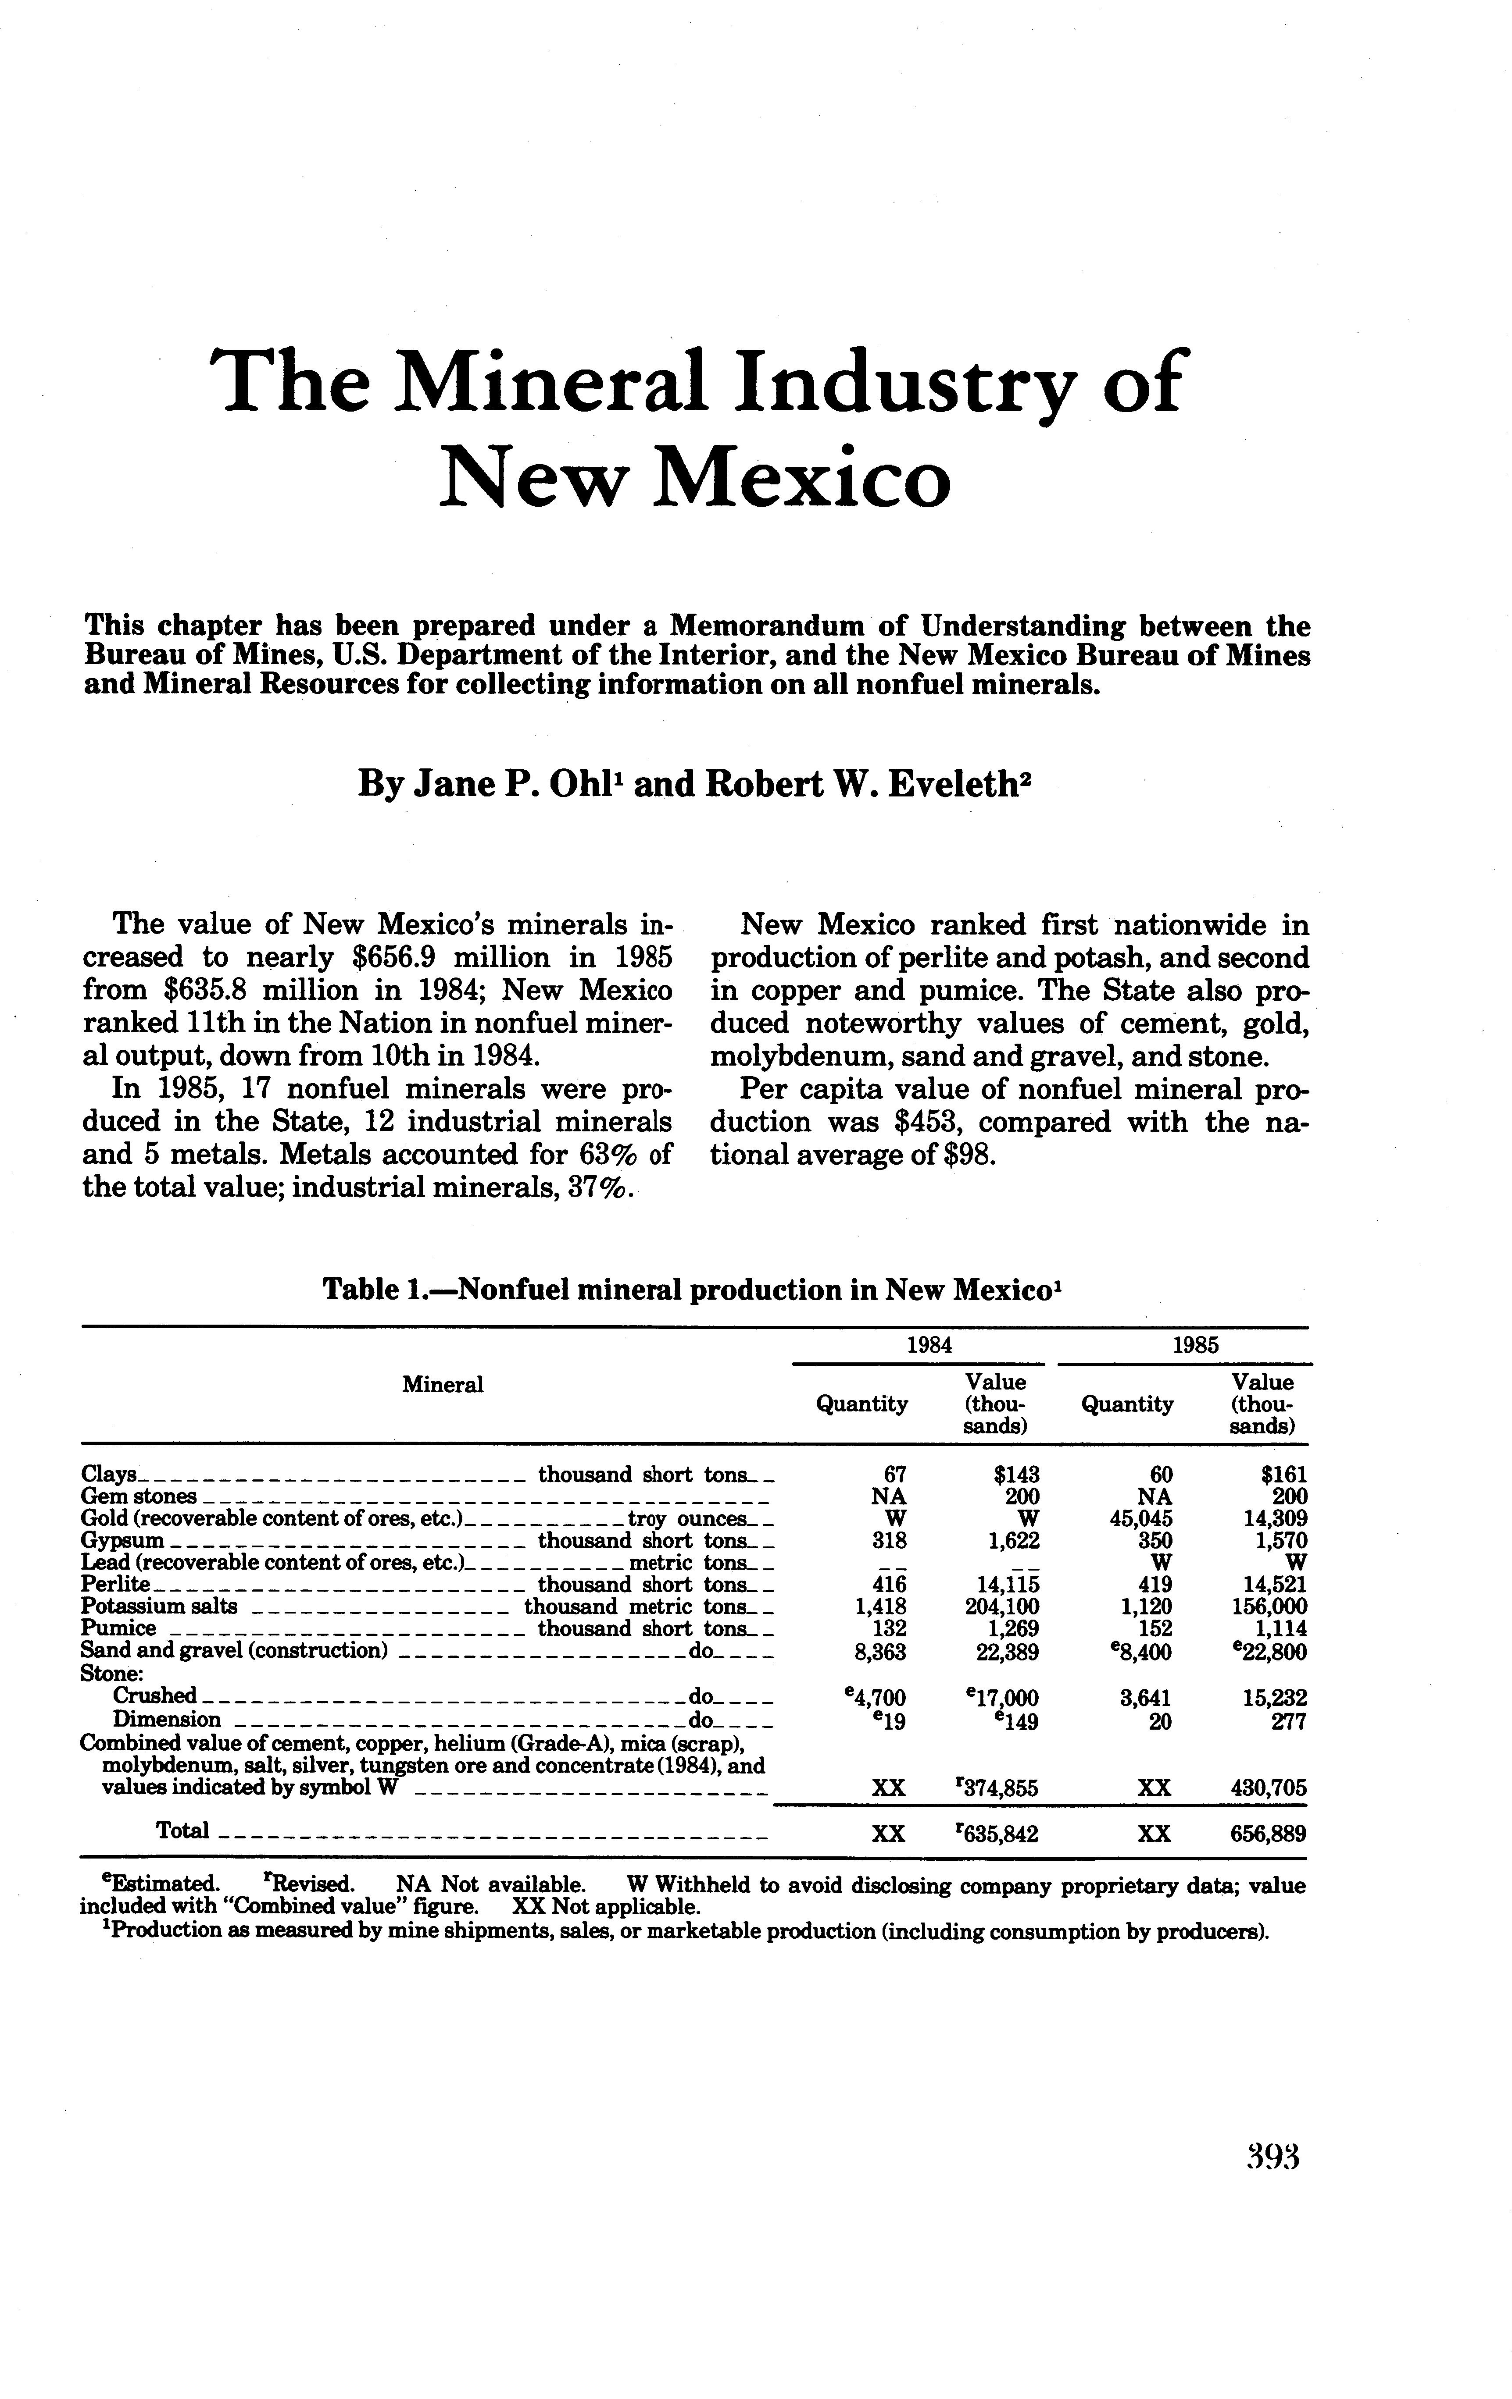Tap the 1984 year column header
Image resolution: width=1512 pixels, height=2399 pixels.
coord(928,1345)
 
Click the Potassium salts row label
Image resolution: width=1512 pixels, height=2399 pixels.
coord(158,1606)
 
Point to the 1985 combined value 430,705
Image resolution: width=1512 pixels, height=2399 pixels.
coord(1267,1788)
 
